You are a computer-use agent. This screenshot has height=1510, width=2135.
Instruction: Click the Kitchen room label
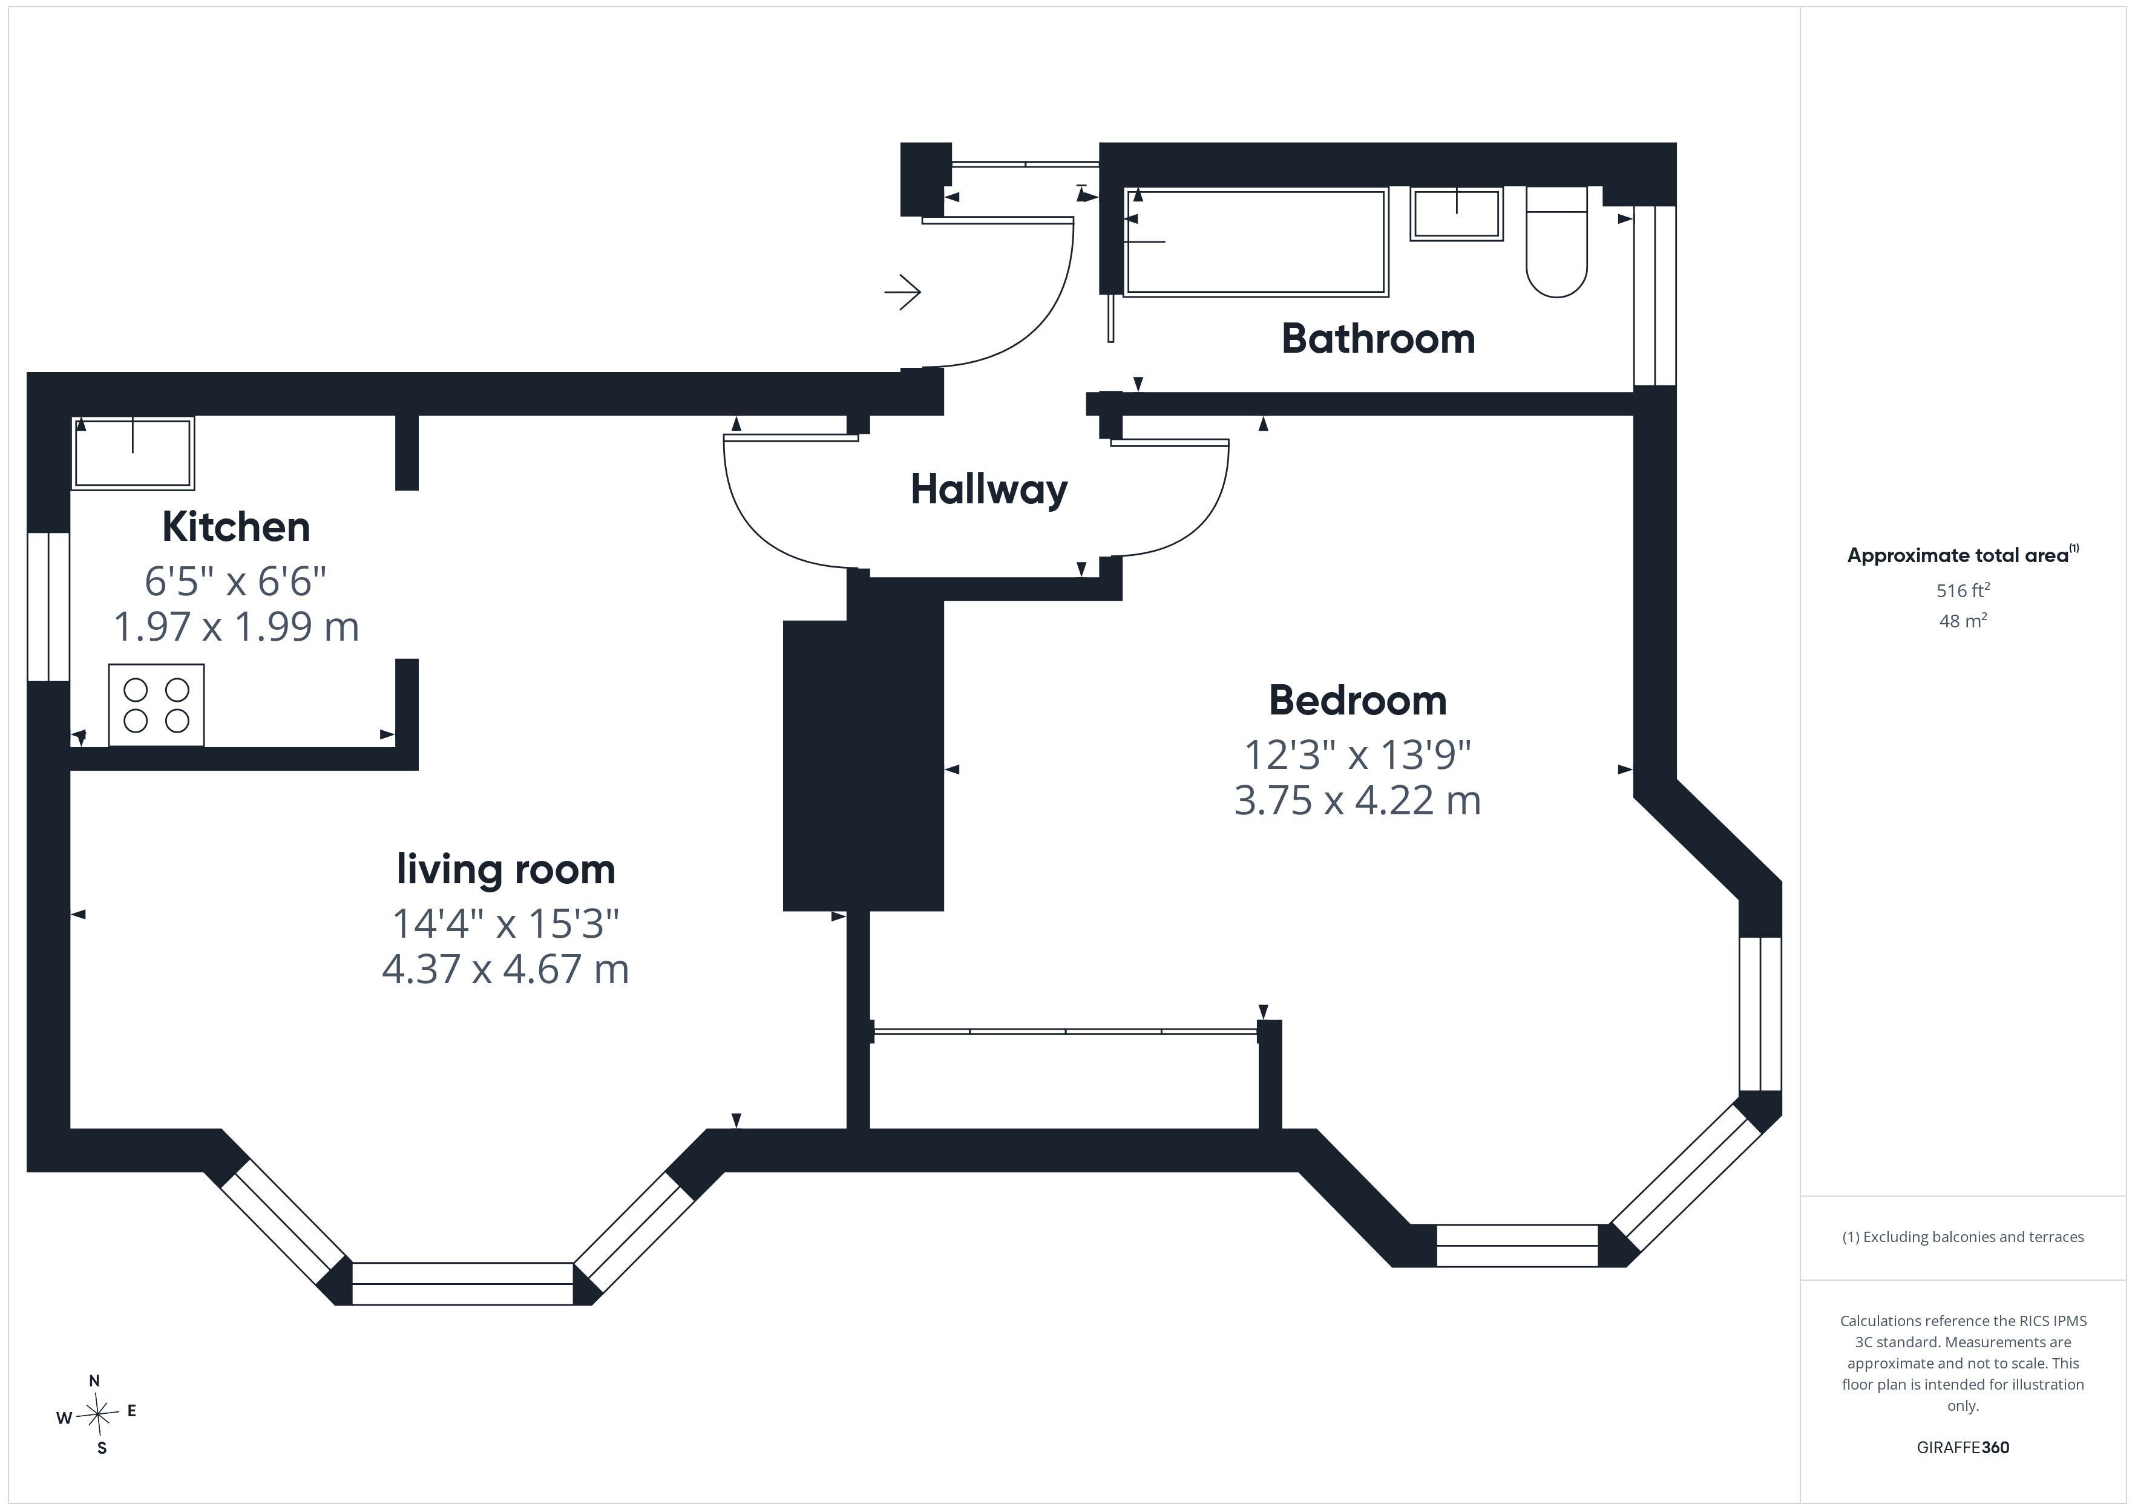pos(236,527)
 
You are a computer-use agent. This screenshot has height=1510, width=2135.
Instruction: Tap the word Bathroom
pos(1378,338)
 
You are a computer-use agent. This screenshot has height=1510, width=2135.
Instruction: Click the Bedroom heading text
pos(1357,700)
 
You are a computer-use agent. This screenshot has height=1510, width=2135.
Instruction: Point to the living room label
pos(506,869)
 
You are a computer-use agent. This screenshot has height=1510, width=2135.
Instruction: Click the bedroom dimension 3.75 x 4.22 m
pos(1357,800)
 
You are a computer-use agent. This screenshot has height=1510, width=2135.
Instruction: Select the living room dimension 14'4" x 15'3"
pos(506,923)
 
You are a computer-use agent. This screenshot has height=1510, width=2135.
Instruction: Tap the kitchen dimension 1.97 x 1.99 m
pos(236,627)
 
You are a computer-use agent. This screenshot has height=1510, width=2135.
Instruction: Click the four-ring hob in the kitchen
pos(156,705)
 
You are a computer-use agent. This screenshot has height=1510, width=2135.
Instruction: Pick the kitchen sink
pos(133,453)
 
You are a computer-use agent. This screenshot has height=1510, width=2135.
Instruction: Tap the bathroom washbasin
pos(1456,214)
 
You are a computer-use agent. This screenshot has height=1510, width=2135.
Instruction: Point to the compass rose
pos(97,1415)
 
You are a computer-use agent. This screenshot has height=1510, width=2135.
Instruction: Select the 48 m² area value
pos(1963,620)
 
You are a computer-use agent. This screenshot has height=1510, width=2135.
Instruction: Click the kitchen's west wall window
pos(48,606)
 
